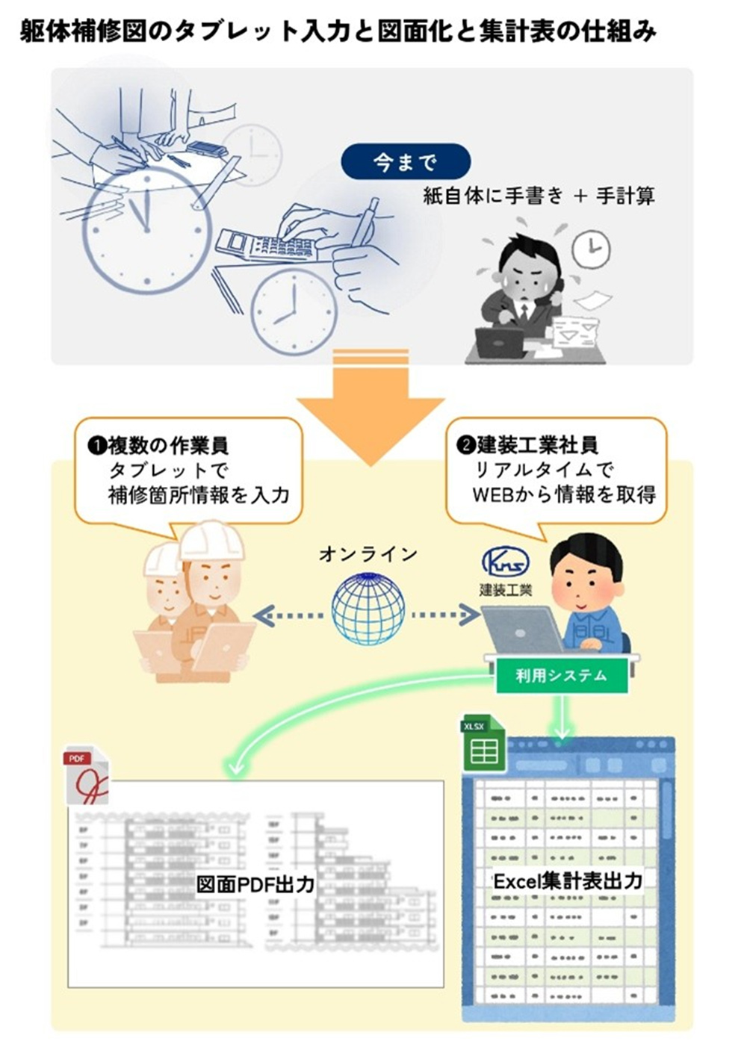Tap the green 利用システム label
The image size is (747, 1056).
coord(561,676)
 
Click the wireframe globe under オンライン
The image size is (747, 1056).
coord(368,608)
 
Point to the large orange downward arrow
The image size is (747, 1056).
coord(370,407)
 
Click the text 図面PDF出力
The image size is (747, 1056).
coord(255,886)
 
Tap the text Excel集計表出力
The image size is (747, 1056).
coord(567,880)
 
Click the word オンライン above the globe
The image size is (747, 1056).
coord(368,554)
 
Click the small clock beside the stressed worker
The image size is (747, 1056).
coord(591,247)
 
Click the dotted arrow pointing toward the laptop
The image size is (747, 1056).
coord(445,615)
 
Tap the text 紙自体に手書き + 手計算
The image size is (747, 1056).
coord(539,196)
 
